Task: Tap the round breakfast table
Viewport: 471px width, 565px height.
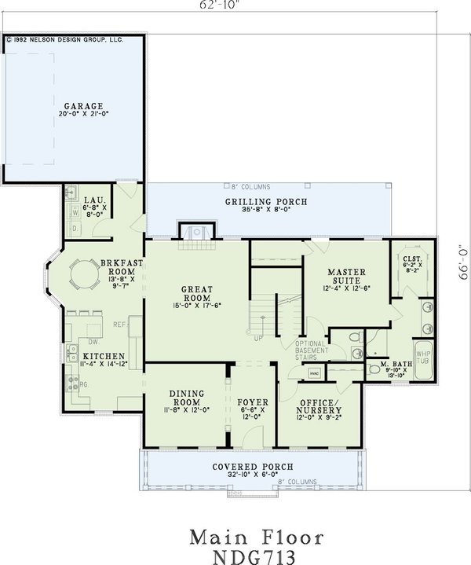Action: [81, 275]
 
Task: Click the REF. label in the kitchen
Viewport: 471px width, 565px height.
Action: [120, 324]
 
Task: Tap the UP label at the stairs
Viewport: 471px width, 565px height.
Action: [256, 338]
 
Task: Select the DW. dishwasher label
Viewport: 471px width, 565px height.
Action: [93, 342]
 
